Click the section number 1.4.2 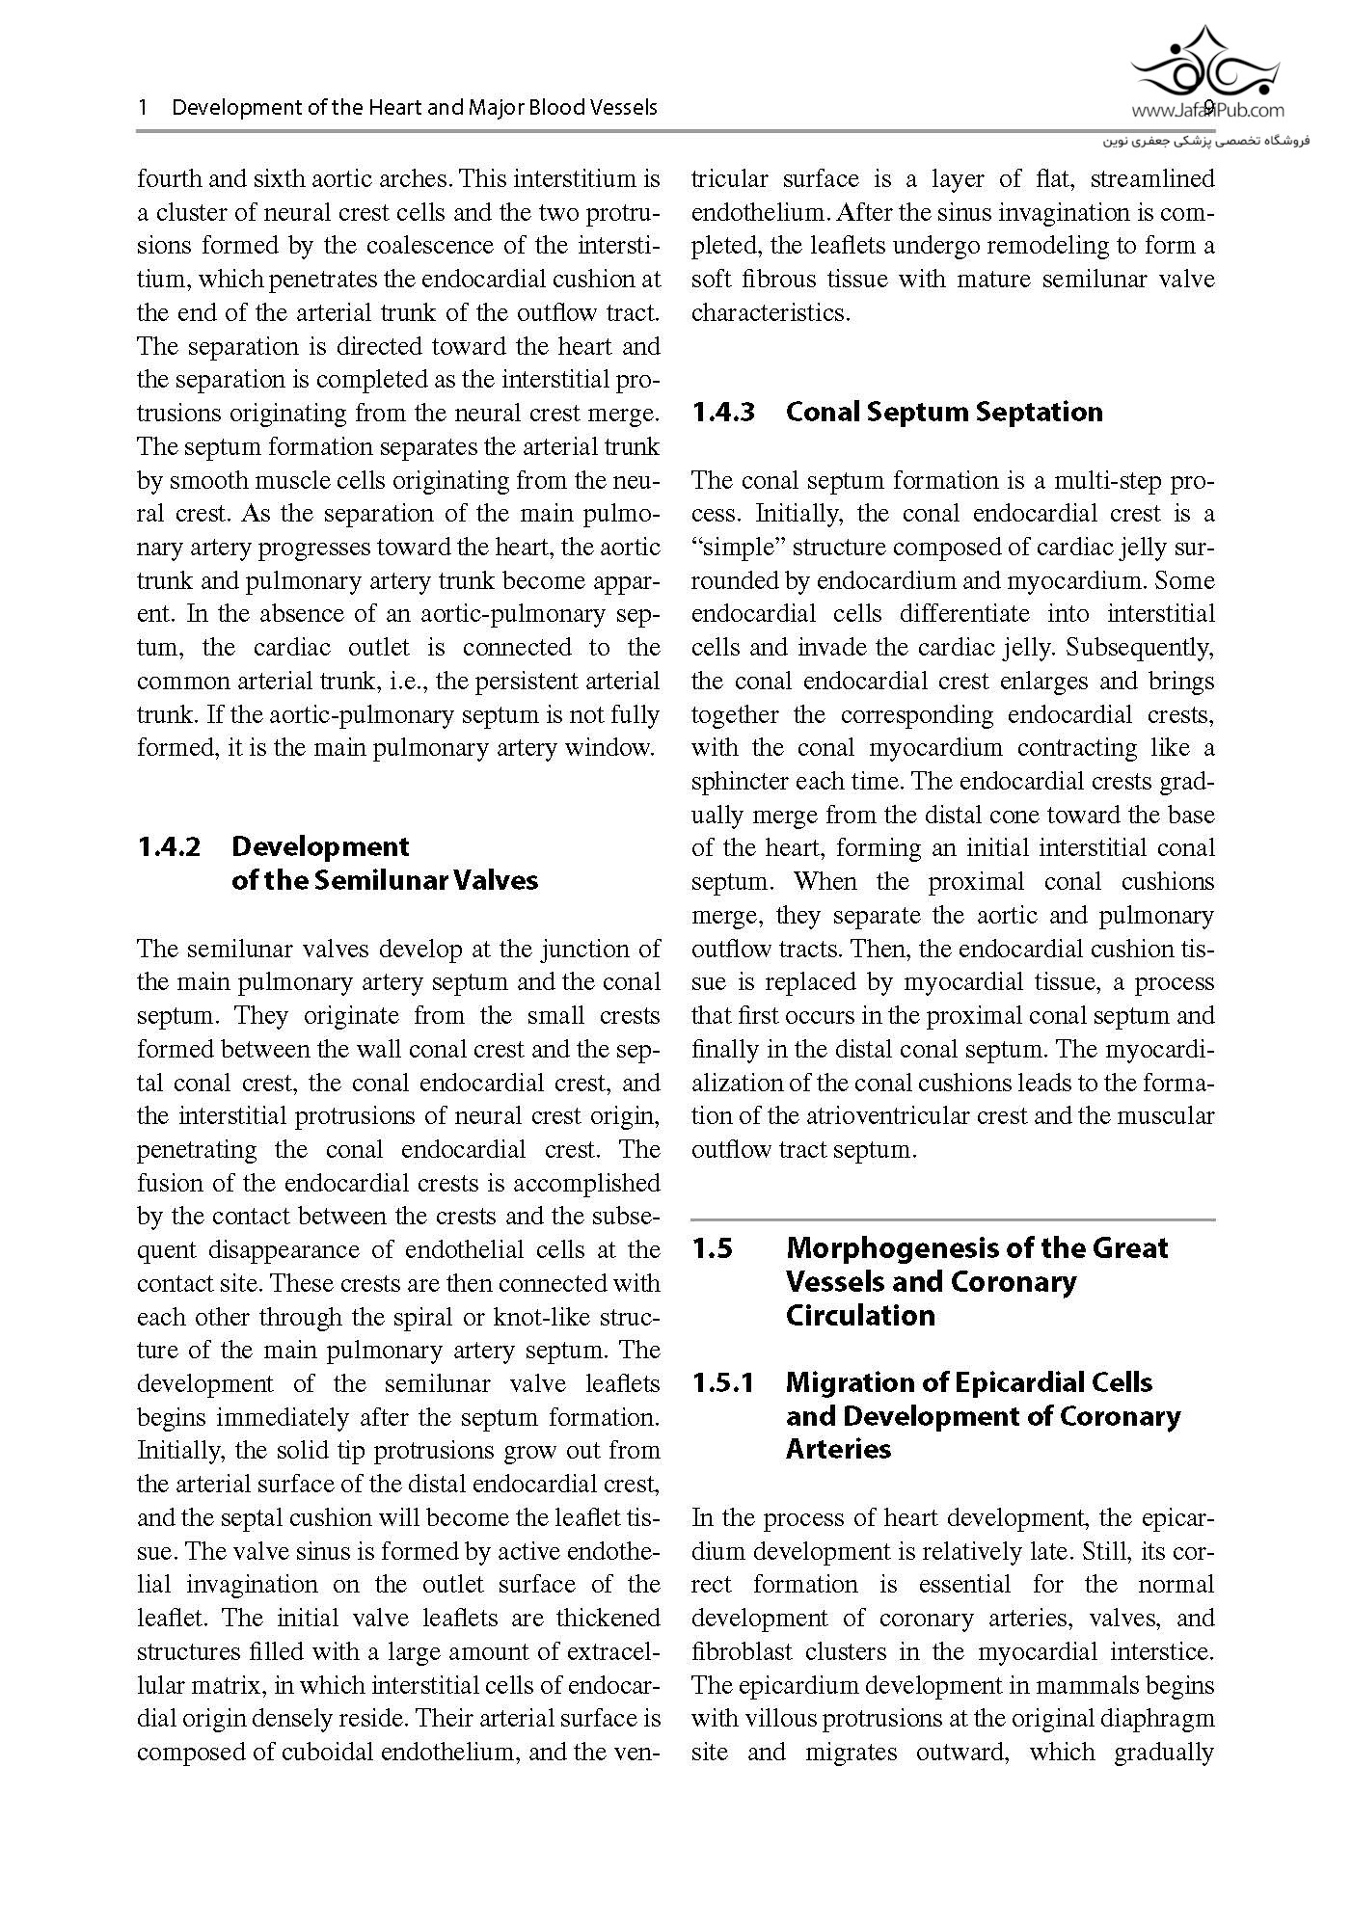169,846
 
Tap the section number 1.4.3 723,412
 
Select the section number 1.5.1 723,1382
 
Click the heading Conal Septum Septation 944,412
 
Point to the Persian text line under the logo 1206,141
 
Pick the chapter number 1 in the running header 143,107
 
